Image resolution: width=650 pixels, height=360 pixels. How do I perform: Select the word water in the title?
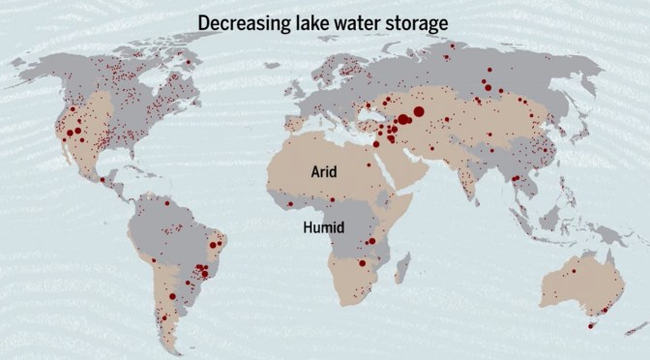tap(352, 20)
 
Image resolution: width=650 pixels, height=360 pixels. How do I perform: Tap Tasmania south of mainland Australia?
tap(591, 325)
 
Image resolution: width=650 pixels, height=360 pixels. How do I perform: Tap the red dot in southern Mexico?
tap(102, 180)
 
